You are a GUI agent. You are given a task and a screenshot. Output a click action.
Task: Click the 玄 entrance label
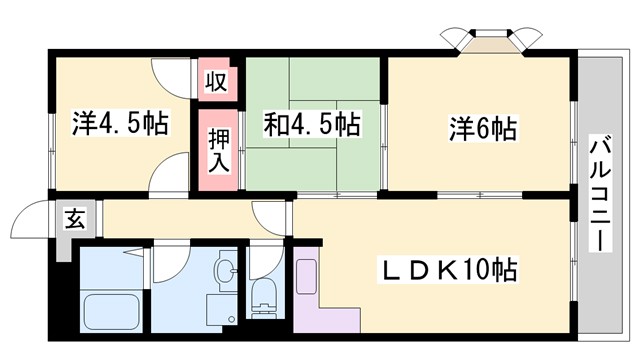coord(76,218)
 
